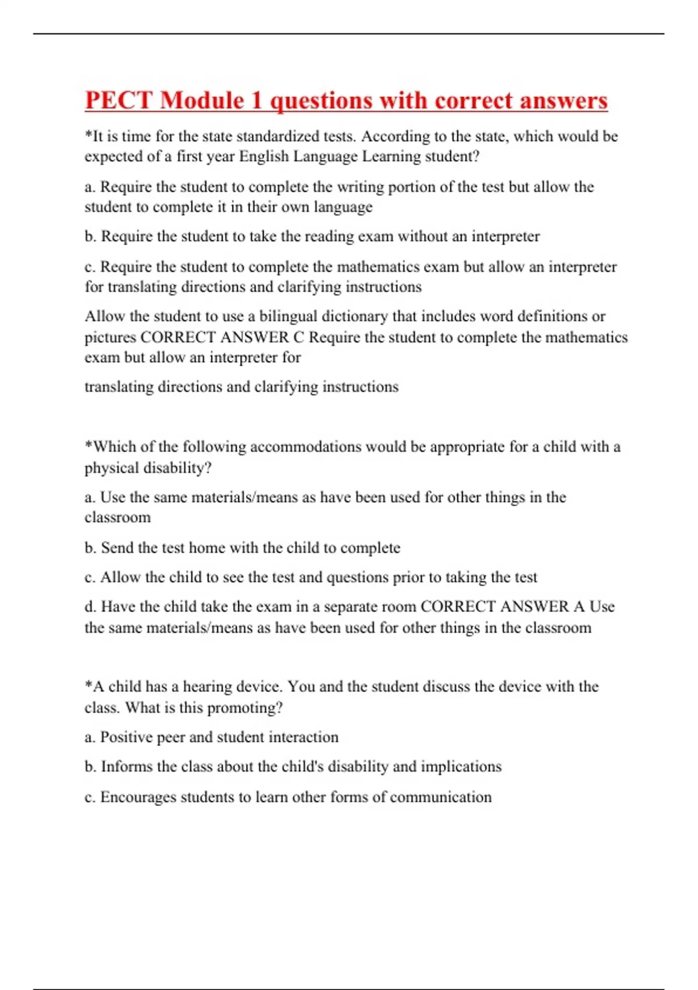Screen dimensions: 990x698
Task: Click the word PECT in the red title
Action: click(x=119, y=100)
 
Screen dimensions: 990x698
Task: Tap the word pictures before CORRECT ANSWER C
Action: click(x=111, y=338)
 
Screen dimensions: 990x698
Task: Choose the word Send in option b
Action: click(x=118, y=548)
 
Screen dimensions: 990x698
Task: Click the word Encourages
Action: click(x=138, y=797)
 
